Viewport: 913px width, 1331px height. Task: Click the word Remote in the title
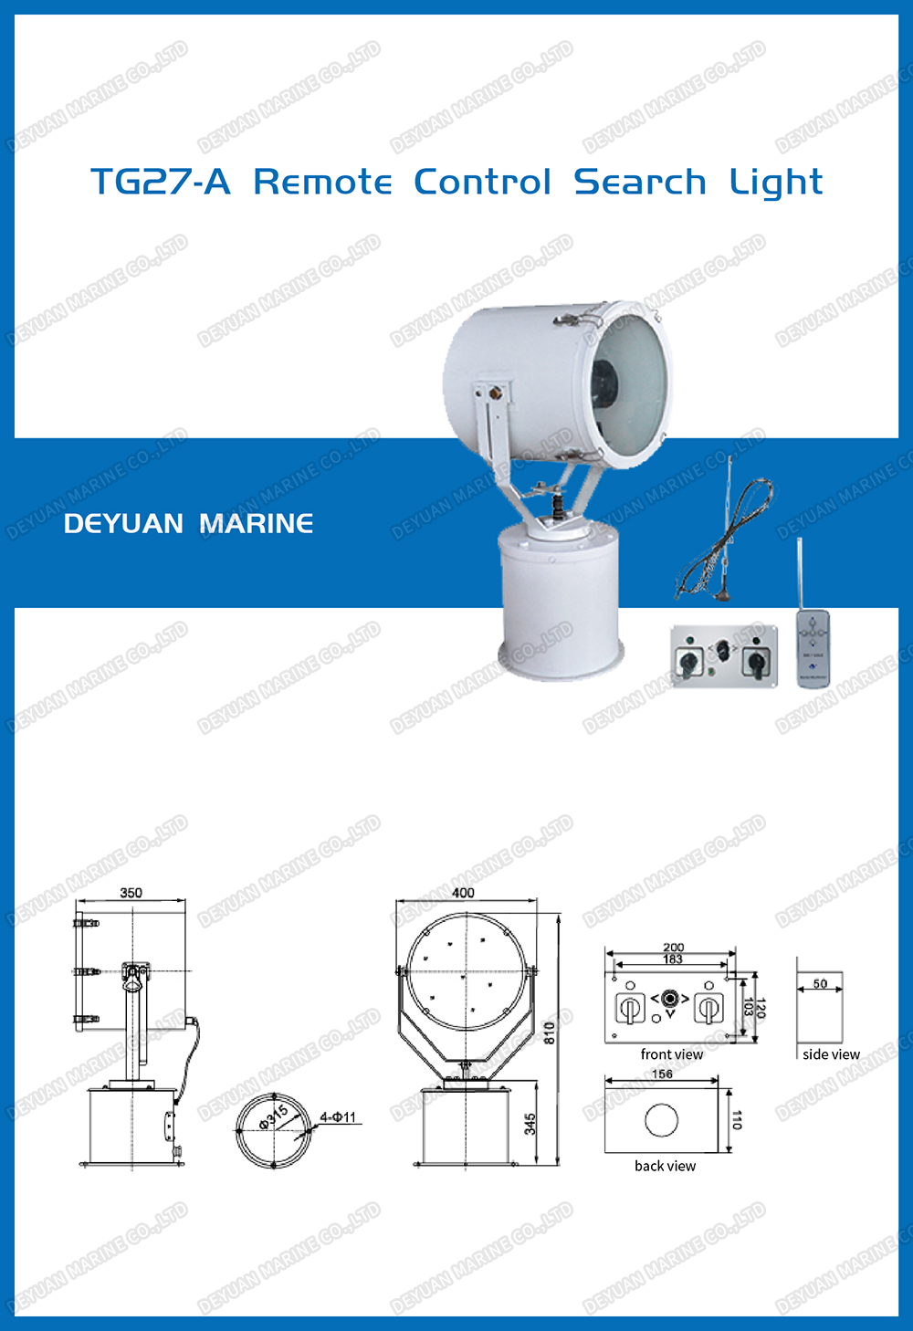click(322, 182)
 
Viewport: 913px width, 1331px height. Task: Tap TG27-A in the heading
click(160, 182)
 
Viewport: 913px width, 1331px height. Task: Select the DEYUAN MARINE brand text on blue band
click(188, 523)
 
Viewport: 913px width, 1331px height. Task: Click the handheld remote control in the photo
click(813, 649)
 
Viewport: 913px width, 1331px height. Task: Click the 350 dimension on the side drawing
click(131, 893)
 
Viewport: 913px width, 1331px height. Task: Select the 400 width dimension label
click(464, 893)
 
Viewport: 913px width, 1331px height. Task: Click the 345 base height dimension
click(530, 1124)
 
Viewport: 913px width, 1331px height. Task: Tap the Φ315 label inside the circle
click(273, 1116)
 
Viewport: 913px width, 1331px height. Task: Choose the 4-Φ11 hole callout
click(338, 1117)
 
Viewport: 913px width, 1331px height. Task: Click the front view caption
click(672, 1054)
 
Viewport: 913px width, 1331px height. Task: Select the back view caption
click(665, 1166)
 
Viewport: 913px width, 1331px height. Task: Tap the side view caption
click(831, 1054)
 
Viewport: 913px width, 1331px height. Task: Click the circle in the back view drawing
click(661, 1120)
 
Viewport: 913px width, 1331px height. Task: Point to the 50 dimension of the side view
click(820, 984)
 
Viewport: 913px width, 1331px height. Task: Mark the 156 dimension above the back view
click(663, 1074)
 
